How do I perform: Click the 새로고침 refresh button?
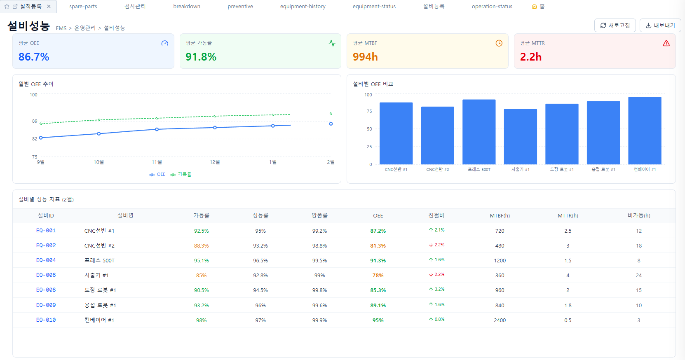click(x=615, y=26)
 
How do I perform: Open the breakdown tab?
click(x=187, y=7)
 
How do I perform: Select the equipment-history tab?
click(x=303, y=7)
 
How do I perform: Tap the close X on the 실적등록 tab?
click(x=49, y=7)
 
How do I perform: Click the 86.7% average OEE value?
click(x=34, y=57)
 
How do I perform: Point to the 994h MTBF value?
click(x=365, y=57)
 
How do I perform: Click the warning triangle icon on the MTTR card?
click(x=666, y=43)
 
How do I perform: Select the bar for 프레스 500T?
click(x=479, y=132)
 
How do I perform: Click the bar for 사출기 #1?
click(x=521, y=137)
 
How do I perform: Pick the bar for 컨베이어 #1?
click(x=645, y=131)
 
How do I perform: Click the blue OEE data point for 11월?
click(x=157, y=129)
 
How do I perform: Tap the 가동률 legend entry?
click(x=181, y=175)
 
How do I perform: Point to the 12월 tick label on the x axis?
click(x=215, y=162)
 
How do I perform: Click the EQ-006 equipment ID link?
click(x=46, y=275)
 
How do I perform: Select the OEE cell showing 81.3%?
click(x=378, y=246)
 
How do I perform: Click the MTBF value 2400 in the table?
click(x=500, y=320)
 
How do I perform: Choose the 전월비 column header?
click(x=436, y=215)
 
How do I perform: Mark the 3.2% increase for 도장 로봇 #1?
click(x=437, y=290)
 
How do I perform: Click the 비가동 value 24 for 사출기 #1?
click(x=639, y=275)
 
